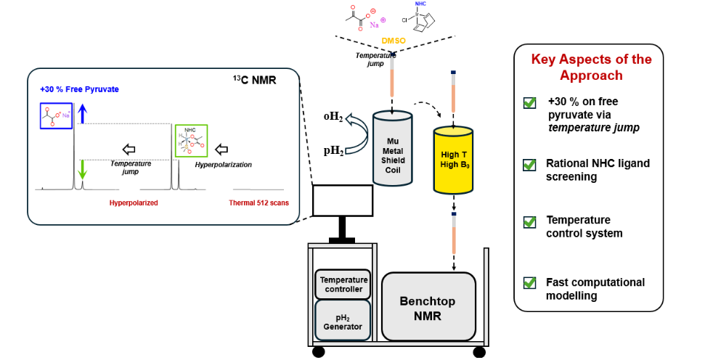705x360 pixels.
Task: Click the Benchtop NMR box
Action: click(x=428, y=306)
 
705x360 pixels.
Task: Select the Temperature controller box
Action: click(x=344, y=284)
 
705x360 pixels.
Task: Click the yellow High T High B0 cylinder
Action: click(x=453, y=159)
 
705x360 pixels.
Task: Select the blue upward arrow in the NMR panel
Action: click(x=83, y=112)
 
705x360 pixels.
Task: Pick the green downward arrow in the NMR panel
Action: click(x=83, y=168)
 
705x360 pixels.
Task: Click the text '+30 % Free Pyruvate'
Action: click(x=79, y=89)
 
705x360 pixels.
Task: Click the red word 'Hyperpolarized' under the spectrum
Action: click(x=134, y=203)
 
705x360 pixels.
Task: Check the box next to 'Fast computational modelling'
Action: click(x=529, y=283)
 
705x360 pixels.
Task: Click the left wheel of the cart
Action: click(x=319, y=352)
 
